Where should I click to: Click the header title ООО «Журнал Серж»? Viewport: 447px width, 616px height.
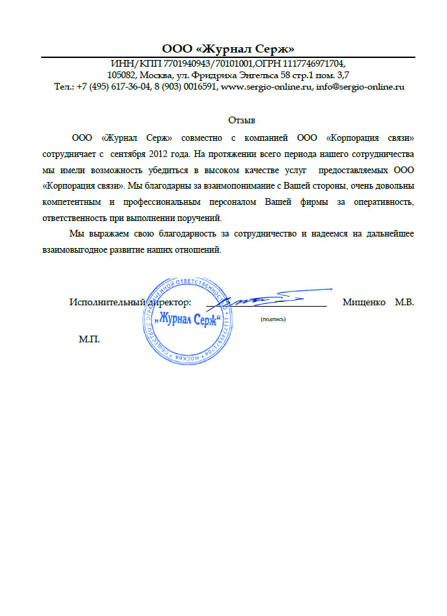pos(228,49)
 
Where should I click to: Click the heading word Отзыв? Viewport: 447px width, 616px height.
pos(242,121)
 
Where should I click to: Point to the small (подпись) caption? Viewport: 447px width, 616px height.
pos(273,319)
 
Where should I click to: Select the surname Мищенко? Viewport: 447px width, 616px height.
pos(364,302)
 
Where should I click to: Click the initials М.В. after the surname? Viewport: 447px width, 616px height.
pos(404,302)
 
